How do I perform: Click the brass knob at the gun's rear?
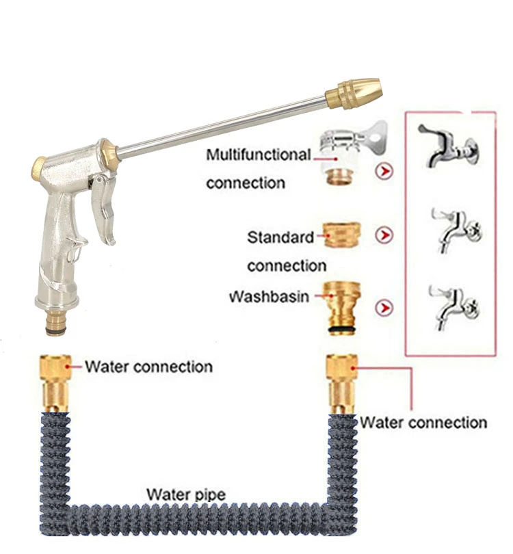coord(39,165)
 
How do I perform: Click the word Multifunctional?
coord(259,155)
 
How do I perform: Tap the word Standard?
coord(280,237)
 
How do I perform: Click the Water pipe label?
coord(186,494)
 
